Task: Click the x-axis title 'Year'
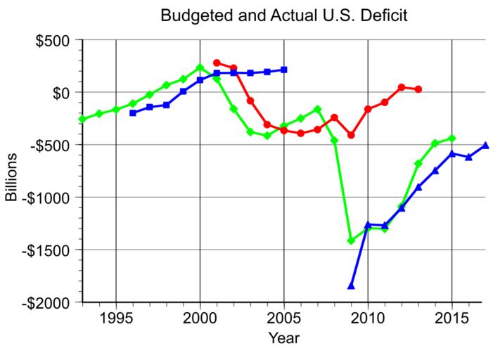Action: (283, 338)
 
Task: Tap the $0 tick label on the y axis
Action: (66, 92)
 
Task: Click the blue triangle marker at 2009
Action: (351, 285)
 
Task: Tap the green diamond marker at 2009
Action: (351, 241)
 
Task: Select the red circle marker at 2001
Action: (217, 63)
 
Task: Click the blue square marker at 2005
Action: (284, 70)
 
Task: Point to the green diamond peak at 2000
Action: (200, 67)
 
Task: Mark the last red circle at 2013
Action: (418, 89)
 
